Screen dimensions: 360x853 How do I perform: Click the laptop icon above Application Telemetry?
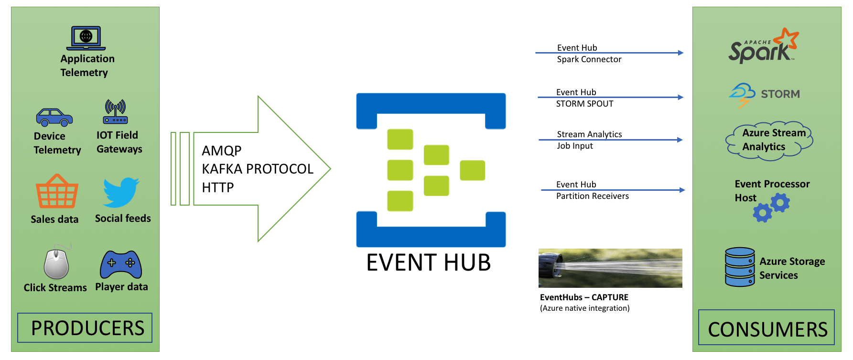point(86,38)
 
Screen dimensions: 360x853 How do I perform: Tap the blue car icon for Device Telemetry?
point(54,117)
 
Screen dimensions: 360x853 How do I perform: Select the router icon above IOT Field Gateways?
point(116,112)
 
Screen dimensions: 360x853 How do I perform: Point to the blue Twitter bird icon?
point(121,192)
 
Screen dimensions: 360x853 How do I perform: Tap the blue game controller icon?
point(121,264)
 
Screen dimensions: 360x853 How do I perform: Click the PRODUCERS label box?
point(85,328)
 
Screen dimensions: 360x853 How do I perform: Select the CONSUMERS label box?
point(767,327)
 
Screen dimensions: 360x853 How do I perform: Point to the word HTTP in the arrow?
point(218,187)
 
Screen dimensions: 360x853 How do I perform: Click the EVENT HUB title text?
point(429,262)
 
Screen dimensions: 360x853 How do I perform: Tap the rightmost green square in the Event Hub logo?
point(472,171)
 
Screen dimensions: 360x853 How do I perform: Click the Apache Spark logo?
point(763,46)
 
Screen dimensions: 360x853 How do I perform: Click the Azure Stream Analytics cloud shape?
point(769,140)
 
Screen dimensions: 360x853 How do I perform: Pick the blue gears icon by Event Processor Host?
point(772,207)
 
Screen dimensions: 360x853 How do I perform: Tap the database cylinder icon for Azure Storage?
point(740,267)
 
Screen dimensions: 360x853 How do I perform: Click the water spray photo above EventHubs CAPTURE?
point(610,268)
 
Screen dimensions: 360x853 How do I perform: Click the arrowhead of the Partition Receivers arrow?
point(682,190)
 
